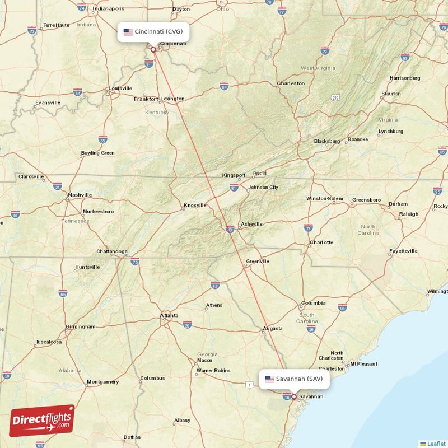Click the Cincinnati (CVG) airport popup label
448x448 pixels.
pos(153,31)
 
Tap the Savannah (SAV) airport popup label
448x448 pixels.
pos(295,379)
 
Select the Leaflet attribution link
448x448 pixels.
pos(436,443)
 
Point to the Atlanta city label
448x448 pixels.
pos(169,316)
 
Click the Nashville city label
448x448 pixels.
pos(80,195)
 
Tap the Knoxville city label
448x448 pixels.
pos(195,206)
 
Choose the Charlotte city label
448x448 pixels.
pos(321,242)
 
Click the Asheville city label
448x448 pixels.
pos(251,224)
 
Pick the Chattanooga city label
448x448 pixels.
pos(111,251)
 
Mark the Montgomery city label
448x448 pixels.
pos(102,382)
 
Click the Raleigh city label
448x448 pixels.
pos(409,214)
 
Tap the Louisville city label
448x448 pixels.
pos(120,88)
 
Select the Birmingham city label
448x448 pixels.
pos(80,326)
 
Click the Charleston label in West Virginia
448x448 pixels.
pos(291,83)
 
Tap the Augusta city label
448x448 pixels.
pos(273,328)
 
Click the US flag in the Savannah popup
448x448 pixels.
pos(269,379)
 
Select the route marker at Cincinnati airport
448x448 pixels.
pos(153,49)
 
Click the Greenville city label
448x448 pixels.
pos(258,262)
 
